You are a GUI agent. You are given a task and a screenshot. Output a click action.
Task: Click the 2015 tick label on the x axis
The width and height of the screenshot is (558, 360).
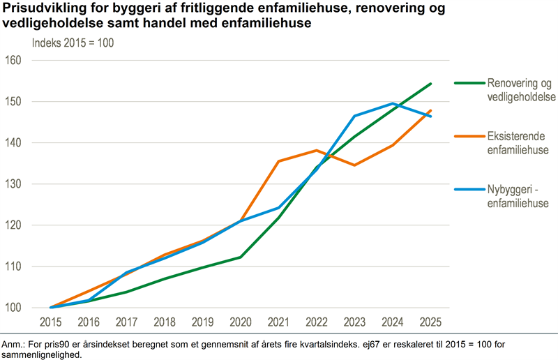click(x=50, y=322)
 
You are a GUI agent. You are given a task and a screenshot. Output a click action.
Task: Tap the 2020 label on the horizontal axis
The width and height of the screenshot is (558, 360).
click(x=241, y=322)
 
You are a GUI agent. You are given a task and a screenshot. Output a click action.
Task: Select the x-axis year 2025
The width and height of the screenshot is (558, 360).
click(x=430, y=322)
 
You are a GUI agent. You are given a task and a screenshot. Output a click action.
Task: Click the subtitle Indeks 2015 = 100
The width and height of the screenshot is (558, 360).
click(x=73, y=42)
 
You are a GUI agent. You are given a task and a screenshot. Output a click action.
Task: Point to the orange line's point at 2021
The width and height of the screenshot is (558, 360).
click(x=278, y=161)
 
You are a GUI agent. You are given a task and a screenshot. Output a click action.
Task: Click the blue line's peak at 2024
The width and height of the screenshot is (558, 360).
click(x=393, y=104)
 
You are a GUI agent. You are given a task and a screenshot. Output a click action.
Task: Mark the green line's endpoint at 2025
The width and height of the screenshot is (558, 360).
click(x=430, y=84)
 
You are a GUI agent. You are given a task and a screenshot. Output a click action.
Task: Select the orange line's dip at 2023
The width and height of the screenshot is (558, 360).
click(x=354, y=165)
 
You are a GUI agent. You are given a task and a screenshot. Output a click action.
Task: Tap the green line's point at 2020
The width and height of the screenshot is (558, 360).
click(x=241, y=257)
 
